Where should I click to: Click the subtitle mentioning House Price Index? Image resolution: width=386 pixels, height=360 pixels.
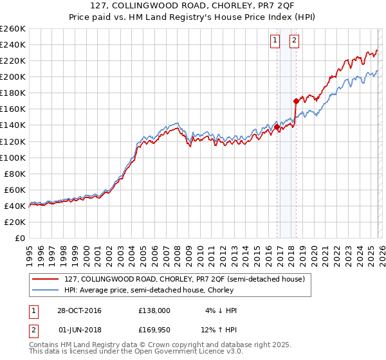pyautogui.click(x=192, y=18)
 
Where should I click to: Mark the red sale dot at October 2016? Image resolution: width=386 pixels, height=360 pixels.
pyautogui.click(x=277, y=127)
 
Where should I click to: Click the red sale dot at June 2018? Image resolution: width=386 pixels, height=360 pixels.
pyautogui.click(x=296, y=101)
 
